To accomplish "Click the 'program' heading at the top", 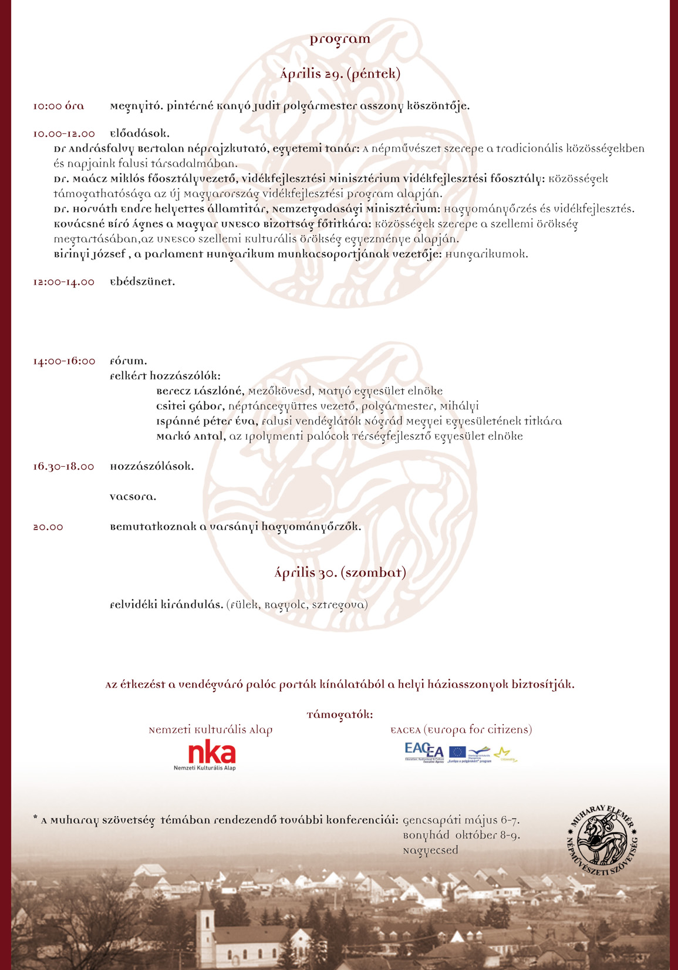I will click(x=340, y=39).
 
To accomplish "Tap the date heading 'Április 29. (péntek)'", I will click(x=340, y=75).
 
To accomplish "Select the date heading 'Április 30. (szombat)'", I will click(x=340, y=573).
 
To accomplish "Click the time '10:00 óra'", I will click(x=58, y=106).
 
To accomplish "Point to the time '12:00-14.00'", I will click(x=63, y=282).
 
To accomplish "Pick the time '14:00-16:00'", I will click(x=64, y=361).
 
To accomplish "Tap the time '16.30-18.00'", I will click(x=63, y=467).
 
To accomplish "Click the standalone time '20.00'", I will click(x=48, y=527).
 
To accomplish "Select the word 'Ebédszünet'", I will click(x=142, y=282).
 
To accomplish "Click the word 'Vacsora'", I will click(x=133, y=497).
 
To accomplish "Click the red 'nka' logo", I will click(x=211, y=753).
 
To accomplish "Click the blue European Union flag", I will click(x=457, y=752).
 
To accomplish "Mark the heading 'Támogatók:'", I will click(x=340, y=715).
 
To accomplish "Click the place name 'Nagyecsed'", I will click(x=430, y=850).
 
